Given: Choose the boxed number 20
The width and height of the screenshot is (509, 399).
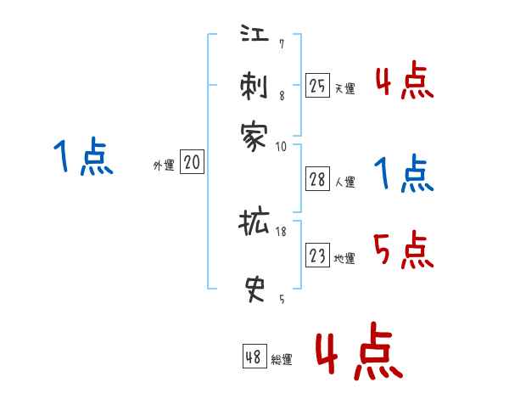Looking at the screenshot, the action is pyautogui.click(x=192, y=163).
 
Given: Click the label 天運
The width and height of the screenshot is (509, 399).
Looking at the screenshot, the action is pyautogui.click(x=344, y=88).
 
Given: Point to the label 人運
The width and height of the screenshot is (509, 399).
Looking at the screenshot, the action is pyautogui.click(x=344, y=182).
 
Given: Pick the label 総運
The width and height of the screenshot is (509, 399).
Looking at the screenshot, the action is pyautogui.click(x=281, y=360).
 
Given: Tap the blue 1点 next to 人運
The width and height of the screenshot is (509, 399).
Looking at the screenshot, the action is pyautogui.click(x=404, y=174).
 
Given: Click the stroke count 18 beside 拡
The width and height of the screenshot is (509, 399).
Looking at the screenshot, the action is pyautogui.click(x=280, y=231).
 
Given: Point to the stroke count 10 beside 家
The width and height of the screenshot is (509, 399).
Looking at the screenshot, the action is pyautogui.click(x=281, y=145).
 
